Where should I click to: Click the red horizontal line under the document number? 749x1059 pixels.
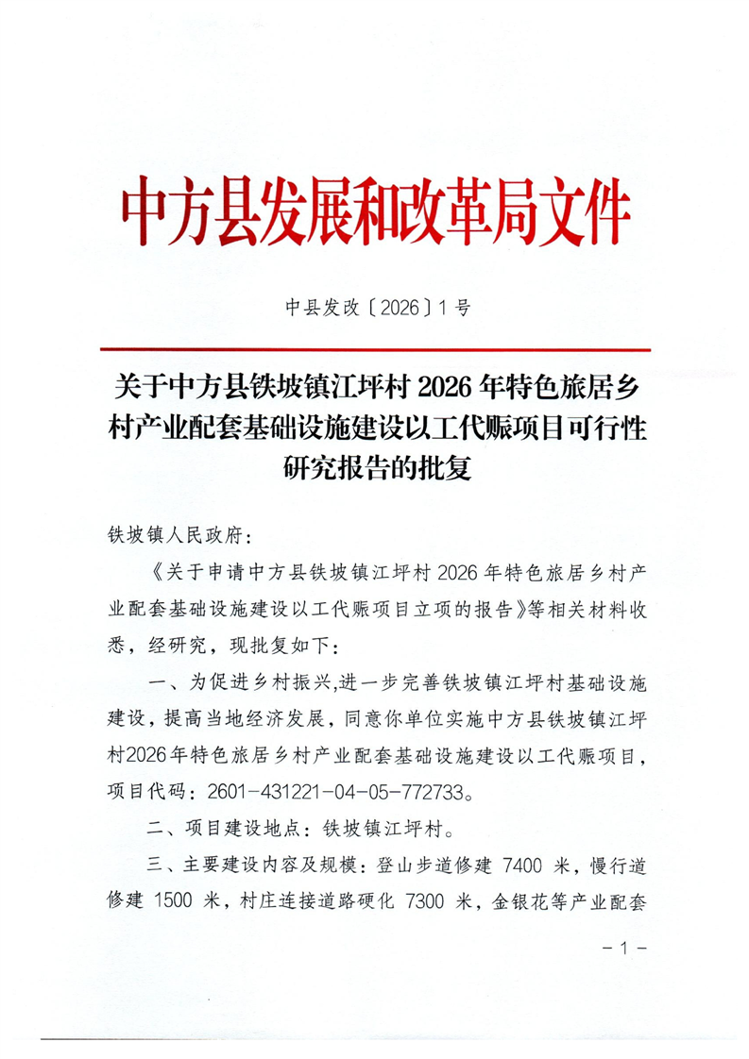tap(374, 348)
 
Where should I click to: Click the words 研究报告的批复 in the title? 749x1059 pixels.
tap(376, 466)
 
